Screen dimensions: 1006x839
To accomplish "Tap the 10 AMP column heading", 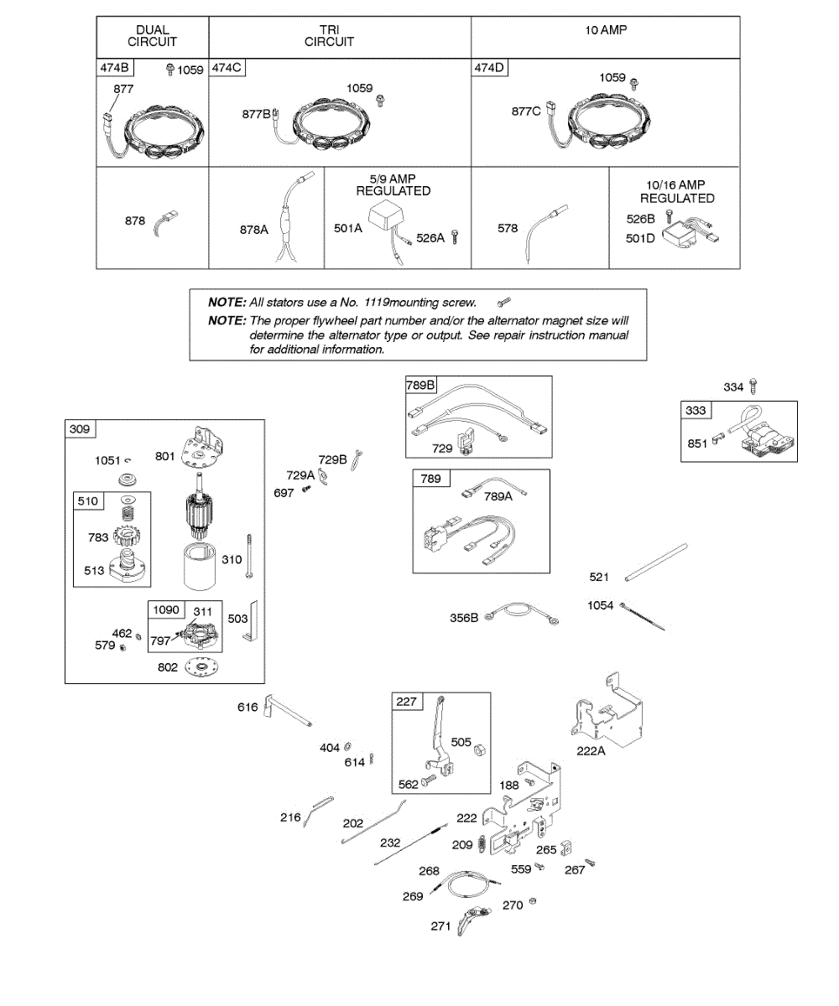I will coord(606,30).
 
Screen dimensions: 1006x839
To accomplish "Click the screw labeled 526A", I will coord(455,237).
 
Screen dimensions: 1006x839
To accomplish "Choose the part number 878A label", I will coord(253,228).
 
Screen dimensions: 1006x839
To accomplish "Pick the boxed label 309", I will coord(80,429).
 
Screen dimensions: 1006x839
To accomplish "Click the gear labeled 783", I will coord(130,537).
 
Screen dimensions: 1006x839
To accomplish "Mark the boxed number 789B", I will coord(421,385).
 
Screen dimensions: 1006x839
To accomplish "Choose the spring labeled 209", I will coord(482,845).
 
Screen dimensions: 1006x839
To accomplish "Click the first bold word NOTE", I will coord(227,302).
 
